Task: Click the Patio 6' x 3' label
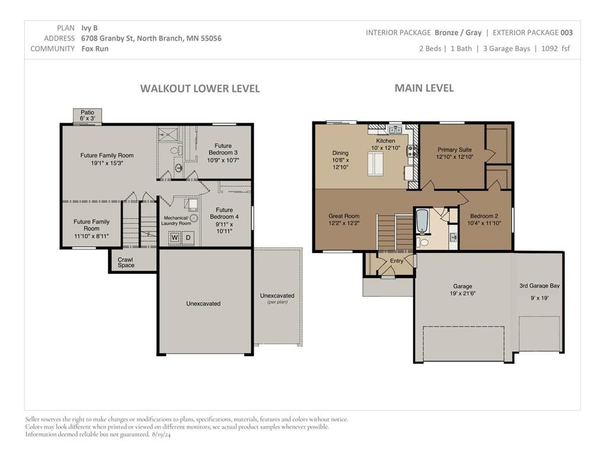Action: point(88,116)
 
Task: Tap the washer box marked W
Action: point(175,237)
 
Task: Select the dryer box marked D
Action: point(188,237)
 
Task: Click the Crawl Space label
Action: point(126,262)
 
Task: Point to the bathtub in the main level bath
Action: point(421,222)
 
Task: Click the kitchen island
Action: point(375,164)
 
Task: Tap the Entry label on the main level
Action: point(397,261)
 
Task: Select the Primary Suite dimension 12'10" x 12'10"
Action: point(455,156)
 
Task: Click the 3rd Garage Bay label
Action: point(539,286)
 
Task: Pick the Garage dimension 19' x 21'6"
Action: point(462,293)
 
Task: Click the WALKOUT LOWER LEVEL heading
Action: point(200,89)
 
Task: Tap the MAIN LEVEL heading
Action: point(424,88)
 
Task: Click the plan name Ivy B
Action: point(90,28)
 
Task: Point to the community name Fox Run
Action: point(95,49)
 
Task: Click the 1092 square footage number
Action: point(550,49)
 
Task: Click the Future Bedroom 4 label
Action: point(224,213)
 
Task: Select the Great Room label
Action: point(344,216)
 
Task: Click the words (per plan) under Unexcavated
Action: point(277,302)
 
